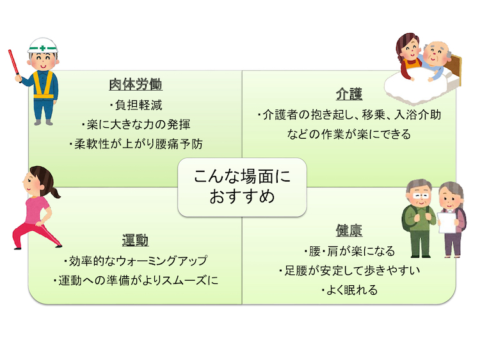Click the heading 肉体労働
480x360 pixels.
tap(136, 84)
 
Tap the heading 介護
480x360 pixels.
tap(349, 94)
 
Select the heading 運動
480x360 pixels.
tap(135, 240)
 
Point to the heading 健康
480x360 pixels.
tap(349, 230)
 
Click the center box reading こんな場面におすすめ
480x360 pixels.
tap(242, 187)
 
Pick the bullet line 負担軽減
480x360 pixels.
tap(136, 106)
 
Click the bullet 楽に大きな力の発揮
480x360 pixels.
tap(136, 125)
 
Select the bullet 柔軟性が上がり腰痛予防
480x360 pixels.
tap(136, 144)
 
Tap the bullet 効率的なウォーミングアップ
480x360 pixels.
tap(136, 261)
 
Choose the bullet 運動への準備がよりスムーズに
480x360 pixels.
tap(136, 280)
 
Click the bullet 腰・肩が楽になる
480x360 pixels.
tap(349, 251)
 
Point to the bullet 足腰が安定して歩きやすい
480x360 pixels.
tap(349, 270)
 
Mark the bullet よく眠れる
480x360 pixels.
tap(349, 290)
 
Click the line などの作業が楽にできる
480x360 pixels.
tap(349, 134)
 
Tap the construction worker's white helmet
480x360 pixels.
tap(43, 45)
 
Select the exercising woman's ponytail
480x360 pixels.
tap(54, 192)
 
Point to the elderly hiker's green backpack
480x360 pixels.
tap(407, 218)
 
